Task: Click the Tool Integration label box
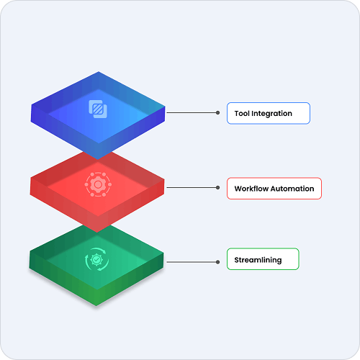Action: [269, 113]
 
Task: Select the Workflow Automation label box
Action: [274, 189]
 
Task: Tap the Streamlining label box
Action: [263, 259]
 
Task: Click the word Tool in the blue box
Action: [242, 113]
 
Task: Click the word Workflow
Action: [251, 189]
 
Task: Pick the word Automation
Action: [292, 189]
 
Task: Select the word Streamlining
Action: [258, 260]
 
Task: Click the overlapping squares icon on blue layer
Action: [98, 109]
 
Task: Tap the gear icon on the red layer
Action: [98, 184]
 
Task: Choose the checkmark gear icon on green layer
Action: [96, 259]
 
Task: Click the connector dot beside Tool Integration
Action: [217, 112]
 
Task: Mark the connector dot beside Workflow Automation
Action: [217, 187]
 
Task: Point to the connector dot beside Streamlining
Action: [217, 262]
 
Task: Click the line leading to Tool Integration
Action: [192, 112]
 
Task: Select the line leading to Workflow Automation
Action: [192, 187]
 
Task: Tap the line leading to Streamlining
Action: [192, 262]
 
